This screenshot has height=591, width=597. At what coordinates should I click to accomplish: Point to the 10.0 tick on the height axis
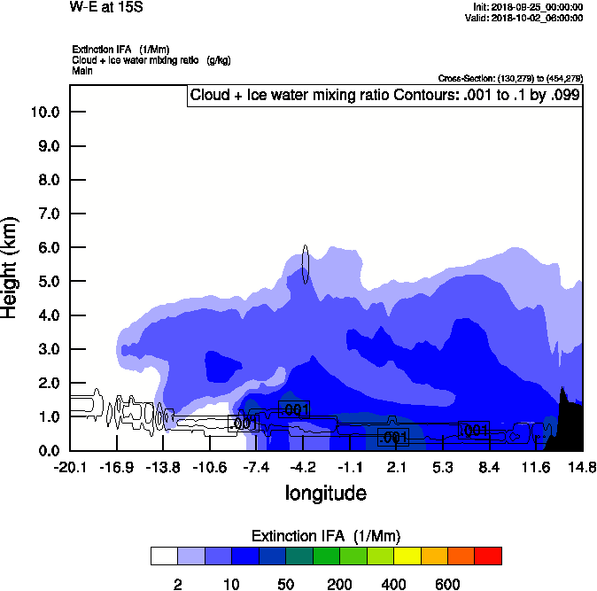click(44, 112)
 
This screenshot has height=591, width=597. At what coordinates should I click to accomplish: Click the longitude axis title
click(325, 493)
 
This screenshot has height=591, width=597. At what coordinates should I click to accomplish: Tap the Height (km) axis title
click(12, 266)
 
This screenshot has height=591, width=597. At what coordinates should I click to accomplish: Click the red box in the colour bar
click(488, 556)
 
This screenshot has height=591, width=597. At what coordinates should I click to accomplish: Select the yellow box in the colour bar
click(407, 556)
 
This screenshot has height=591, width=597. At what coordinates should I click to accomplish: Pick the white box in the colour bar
click(164, 556)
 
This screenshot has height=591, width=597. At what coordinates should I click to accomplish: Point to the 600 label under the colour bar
click(447, 584)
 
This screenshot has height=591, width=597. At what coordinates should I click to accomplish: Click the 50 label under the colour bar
click(286, 584)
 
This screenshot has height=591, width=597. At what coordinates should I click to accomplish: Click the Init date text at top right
click(528, 7)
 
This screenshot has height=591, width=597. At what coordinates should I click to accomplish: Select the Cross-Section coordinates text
click(510, 79)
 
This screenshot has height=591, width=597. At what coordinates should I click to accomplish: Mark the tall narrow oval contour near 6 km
click(305, 264)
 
